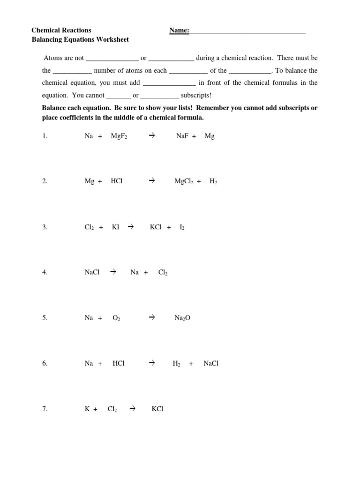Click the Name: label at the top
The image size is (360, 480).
179,30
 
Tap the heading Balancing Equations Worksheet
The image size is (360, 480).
80,40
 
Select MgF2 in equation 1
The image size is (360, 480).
119,136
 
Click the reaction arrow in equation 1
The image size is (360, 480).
151,136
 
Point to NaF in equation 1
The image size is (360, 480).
182,136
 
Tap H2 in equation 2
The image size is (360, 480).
213,181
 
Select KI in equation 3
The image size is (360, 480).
115,227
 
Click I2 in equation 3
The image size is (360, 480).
182,227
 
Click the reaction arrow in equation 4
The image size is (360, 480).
112,272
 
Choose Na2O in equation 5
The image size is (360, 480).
182,318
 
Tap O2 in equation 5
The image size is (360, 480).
117,318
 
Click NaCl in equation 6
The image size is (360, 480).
211,363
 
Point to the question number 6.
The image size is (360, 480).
44,363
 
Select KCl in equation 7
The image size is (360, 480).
157,409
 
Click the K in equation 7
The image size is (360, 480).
87,409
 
